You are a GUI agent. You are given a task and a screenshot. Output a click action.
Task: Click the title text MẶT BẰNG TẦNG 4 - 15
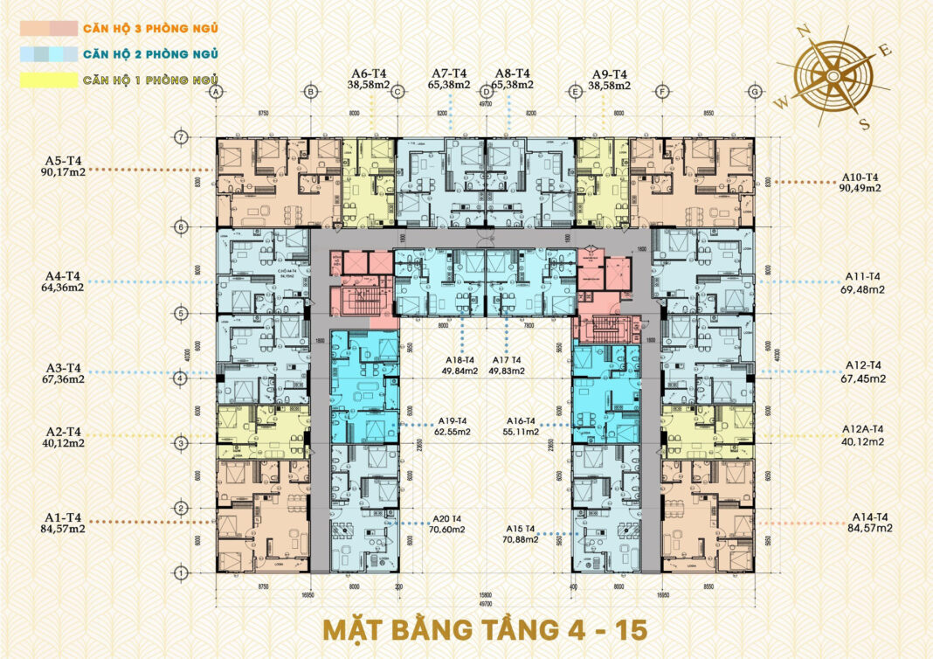point(483,629)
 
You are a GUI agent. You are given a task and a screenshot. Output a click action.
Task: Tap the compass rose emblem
point(833,76)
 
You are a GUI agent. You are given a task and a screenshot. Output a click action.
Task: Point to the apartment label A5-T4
point(64,161)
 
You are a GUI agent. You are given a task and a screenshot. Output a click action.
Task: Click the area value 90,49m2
point(860,188)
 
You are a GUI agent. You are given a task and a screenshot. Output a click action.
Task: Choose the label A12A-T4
point(862,429)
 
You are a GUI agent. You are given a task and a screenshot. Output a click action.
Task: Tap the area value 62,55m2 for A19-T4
point(451,432)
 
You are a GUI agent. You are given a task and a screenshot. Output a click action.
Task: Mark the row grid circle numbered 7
point(181,137)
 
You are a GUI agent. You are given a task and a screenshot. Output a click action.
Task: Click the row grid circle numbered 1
point(181,572)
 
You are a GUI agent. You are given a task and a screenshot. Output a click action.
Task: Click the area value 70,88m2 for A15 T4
point(520,539)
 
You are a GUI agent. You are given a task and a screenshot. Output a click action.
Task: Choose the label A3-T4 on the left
point(64,367)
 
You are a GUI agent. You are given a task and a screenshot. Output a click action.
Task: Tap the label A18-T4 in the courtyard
point(458,359)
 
